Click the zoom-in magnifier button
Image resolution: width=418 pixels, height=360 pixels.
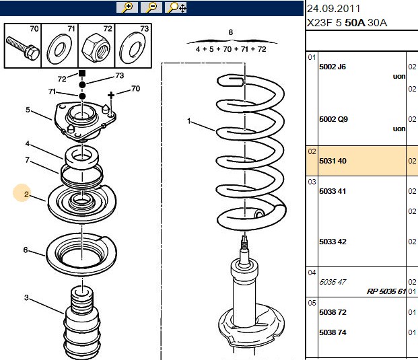(x=127, y=7)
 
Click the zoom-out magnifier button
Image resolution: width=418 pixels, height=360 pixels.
(x=151, y=7)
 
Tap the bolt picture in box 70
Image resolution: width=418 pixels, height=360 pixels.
(x=23, y=48)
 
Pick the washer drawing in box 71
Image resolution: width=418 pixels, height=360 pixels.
(x=59, y=49)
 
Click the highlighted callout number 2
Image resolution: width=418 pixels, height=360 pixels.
(x=26, y=194)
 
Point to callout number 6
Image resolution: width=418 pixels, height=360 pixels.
(x=26, y=250)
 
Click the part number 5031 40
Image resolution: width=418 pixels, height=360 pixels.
(x=333, y=161)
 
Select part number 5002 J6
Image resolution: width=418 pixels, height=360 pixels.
(x=333, y=67)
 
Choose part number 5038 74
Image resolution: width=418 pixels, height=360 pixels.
(x=333, y=332)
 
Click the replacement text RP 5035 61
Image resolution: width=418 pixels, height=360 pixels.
(x=386, y=291)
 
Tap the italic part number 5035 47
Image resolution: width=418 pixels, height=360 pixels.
(x=333, y=282)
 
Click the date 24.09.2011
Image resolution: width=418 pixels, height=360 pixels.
(x=333, y=9)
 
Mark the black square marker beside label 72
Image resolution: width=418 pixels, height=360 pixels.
(x=82, y=73)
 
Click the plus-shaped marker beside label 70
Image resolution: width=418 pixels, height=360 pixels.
(x=111, y=95)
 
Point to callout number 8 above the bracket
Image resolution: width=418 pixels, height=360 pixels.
(x=231, y=32)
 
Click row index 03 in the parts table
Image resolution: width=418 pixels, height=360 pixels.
(x=312, y=182)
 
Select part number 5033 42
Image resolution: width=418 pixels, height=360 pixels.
(x=333, y=242)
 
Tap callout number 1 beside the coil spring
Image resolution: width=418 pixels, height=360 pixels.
(x=189, y=121)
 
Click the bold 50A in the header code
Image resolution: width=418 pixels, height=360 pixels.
(x=355, y=23)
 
